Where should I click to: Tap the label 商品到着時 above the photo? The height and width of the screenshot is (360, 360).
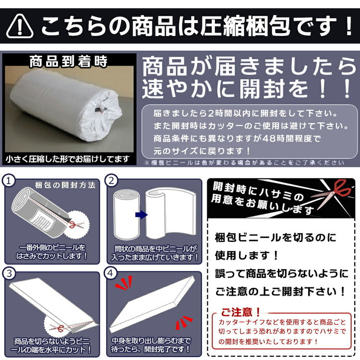pos(68,62)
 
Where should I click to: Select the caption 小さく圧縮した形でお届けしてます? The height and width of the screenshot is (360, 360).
pos(68,158)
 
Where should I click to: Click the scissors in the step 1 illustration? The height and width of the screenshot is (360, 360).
pos(73,224)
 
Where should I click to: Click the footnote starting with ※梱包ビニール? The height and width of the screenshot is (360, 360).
pos(244,163)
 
